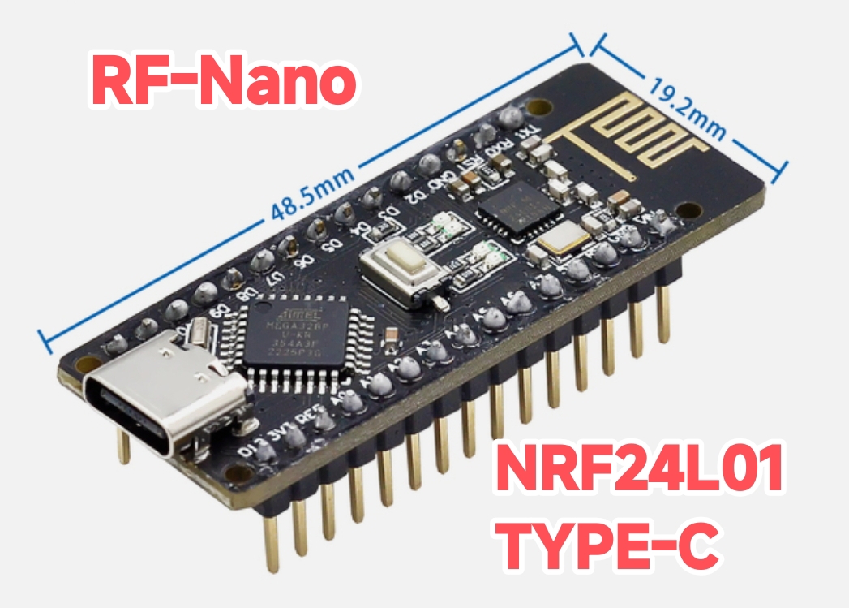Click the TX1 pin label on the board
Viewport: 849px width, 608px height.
point(528,130)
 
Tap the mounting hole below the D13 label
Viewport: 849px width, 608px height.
point(237,472)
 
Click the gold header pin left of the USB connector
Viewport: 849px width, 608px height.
point(123,446)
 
